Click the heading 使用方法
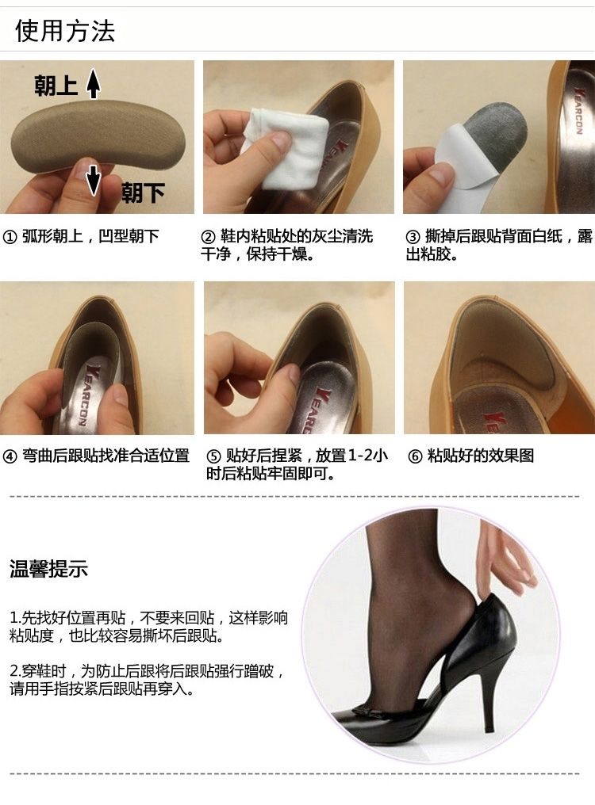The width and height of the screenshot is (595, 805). click(65, 31)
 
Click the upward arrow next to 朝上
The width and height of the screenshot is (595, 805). click(93, 83)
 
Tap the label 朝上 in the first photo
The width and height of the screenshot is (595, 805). click(56, 86)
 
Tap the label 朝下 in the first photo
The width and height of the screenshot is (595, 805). click(143, 193)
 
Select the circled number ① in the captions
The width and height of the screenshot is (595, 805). click(10, 237)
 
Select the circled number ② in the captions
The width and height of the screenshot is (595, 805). click(208, 237)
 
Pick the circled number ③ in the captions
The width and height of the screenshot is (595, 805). click(413, 237)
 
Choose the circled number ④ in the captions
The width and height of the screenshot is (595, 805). click(10, 456)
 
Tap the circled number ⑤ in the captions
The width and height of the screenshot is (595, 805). click(213, 456)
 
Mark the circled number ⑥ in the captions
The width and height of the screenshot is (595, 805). click(414, 456)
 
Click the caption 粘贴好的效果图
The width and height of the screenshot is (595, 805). click(481, 456)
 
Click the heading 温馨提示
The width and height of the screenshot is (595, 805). click(48, 569)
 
